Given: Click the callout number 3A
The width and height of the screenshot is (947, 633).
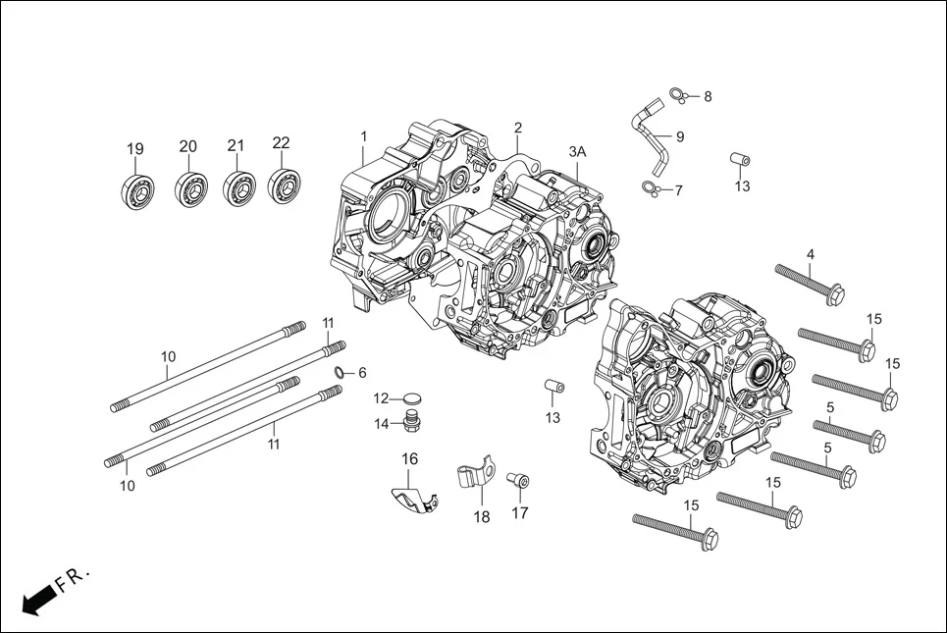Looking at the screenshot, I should coord(577,151).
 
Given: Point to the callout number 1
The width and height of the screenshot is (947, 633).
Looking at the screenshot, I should coord(363,135).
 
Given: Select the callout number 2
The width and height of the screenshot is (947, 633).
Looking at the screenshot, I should coord(517,128).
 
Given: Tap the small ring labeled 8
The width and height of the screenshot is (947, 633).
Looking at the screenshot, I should coord(675,94).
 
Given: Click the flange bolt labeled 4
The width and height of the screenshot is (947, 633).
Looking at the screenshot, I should coord(810,281).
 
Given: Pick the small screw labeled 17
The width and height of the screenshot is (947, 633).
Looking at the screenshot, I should coord(518,482).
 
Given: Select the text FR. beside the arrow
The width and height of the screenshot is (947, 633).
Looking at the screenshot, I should coord(73,578).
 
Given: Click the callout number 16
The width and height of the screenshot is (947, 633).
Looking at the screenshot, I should coord(409,459).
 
